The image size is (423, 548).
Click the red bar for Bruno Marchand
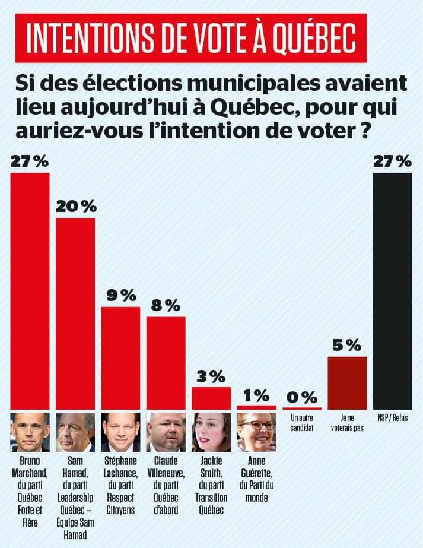pyautogui.click(x=30, y=291)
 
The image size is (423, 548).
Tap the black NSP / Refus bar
pyautogui.click(x=392, y=291)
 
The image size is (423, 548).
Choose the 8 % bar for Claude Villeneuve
pyautogui.click(x=166, y=363)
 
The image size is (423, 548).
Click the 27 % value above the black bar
pyautogui.click(x=392, y=161)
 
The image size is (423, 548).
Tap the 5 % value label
pyautogui.click(x=347, y=346)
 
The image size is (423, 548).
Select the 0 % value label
pyautogui.click(x=302, y=397)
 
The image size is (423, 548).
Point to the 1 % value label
pyautogui.click(x=257, y=395)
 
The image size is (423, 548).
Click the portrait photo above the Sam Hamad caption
pyautogui.click(x=75, y=432)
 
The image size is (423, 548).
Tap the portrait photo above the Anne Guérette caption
pyautogui.click(x=257, y=432)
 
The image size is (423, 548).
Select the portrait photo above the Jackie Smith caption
pyautogui.click(x=211, y=432)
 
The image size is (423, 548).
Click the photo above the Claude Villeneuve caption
pyautogui.click(x=166, y=432)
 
